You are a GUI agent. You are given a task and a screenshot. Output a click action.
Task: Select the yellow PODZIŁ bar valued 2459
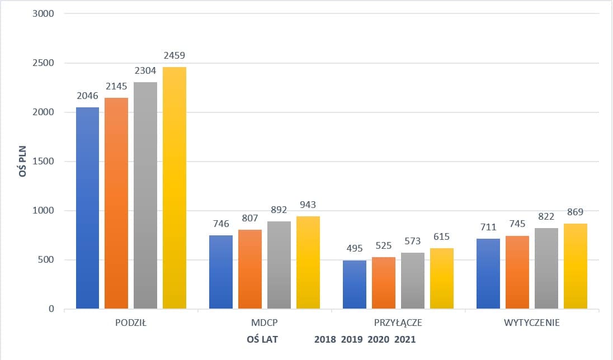click(175, 188)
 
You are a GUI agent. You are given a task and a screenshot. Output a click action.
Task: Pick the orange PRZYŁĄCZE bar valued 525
click(383, 283)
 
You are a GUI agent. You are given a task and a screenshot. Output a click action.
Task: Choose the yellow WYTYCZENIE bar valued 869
click(576, 266)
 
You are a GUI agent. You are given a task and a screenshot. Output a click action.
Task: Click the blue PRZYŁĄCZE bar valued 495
click(354, 285)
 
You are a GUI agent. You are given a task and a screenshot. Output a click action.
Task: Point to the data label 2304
click(145, 72)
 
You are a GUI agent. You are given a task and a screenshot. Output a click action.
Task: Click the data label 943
click(308, 205)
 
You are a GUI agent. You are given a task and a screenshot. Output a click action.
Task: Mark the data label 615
click(441, 236)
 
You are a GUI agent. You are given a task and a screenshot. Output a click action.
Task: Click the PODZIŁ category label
click(131, 323)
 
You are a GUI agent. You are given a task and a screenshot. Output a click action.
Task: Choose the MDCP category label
click(265, 323)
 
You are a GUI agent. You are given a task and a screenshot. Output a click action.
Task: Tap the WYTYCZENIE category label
click(531, 323)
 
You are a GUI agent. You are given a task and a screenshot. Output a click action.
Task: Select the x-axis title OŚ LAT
click(262, 339)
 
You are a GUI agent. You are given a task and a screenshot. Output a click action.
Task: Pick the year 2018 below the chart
click(325, 339)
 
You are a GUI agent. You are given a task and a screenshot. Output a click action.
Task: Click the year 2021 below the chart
click(405, 339)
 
